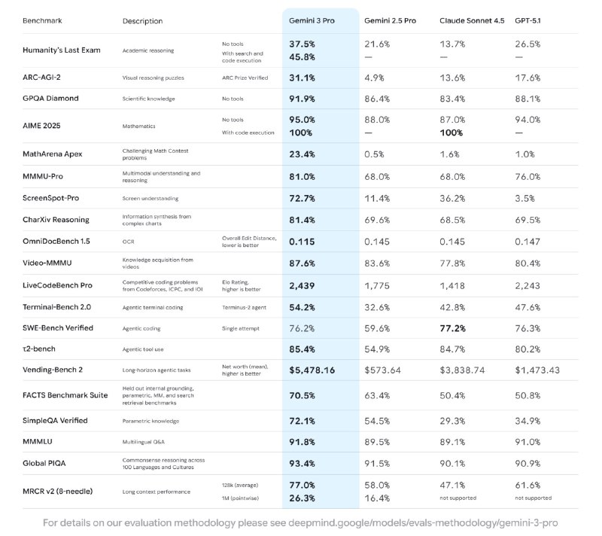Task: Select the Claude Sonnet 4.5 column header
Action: point(472,20)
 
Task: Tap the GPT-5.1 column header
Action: point(533,20)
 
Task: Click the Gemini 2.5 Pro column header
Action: point(390,20)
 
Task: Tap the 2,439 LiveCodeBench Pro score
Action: point(303,286)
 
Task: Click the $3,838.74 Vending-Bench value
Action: point(467,371)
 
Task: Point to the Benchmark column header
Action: point(43,21)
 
